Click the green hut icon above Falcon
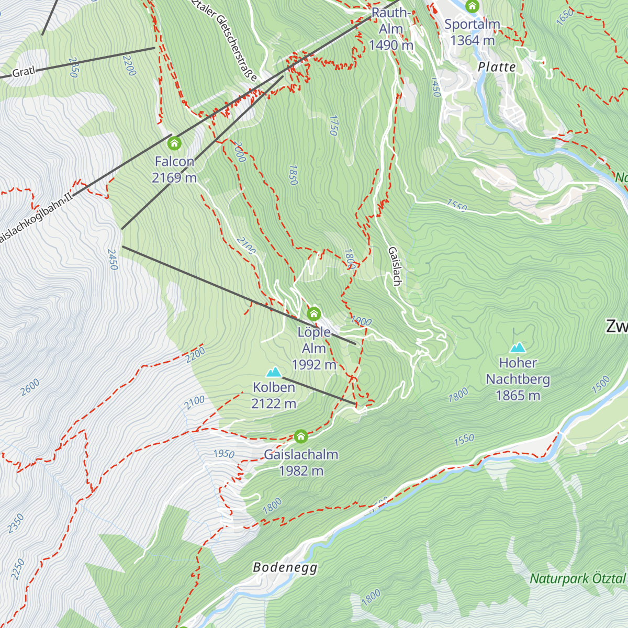(174, 142)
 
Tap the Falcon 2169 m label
(174, 170)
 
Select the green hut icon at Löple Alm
(313, 313)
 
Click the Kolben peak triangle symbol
(273, 372)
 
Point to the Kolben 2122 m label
(274, 395)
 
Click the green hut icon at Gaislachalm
(300, 436)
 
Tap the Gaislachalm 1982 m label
(301, 463)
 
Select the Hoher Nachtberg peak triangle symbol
(518, 347)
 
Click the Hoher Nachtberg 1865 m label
(518, 379)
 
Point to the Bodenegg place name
(285, 567)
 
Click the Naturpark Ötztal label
(578, 579)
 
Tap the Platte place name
(497, 67)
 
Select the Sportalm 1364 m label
(472, 32)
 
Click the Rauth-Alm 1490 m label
(391, 29)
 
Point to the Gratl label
(23, 72)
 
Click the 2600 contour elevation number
(30, 388)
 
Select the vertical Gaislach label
(395, 266)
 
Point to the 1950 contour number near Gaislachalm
(223, 454)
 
